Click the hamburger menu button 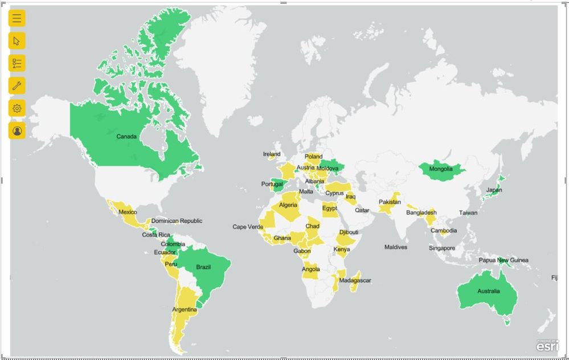[17, 18]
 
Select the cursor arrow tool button [17, 40]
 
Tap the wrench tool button [17, 86]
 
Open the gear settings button [17, 108]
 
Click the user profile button [17, 131]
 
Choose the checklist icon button [17, 63]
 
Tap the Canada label [126, 137]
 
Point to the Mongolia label [441, 169]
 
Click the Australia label [488, 291]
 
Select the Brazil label [203, 267]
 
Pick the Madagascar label [355, 280]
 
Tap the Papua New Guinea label [503, 260]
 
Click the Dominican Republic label [177, 221]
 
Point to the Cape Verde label [248, 227]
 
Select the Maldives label [396, 247]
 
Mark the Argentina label [185, 310]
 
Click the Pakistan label [390, 202]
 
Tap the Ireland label [272, 154]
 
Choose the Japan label [494, 190]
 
